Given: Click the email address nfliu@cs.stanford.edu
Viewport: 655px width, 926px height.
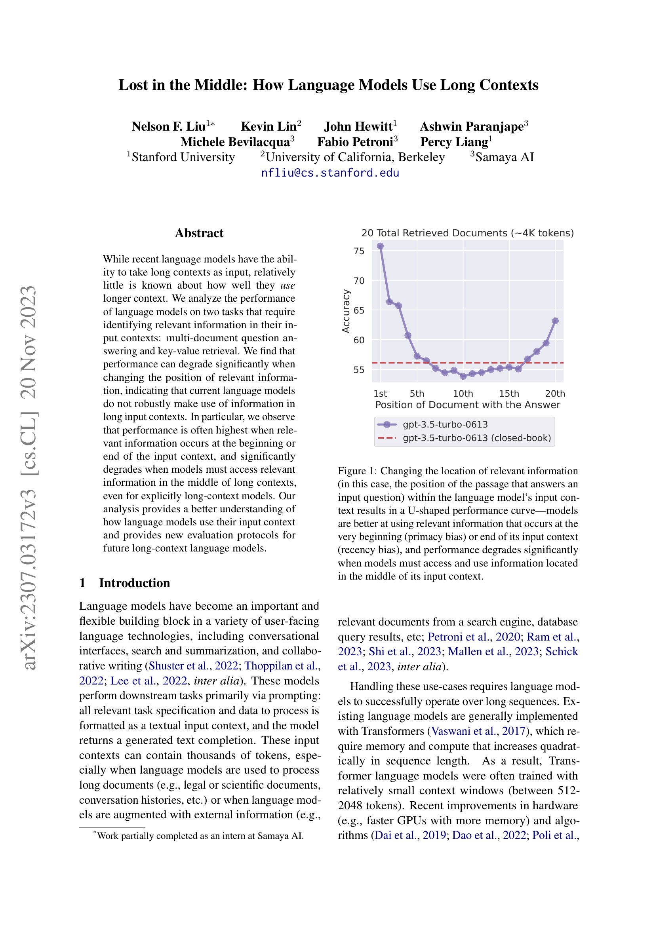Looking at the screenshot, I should (330, 173).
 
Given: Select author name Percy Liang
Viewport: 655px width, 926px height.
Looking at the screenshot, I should (454, 142).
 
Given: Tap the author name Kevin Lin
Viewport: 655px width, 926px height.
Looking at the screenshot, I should (269, 127).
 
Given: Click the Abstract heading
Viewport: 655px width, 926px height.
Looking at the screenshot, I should (199, 233).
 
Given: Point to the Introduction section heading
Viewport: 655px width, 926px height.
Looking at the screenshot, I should (134, 583).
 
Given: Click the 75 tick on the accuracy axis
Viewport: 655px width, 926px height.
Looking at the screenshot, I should (358, 251).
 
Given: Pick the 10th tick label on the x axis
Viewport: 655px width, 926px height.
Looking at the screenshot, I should (463, 394).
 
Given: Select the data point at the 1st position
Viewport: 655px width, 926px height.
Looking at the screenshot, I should (380, 246).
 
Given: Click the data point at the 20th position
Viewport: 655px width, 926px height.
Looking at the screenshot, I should (555, 321).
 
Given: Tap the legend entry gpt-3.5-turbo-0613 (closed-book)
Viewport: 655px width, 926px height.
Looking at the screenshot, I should (477, 438).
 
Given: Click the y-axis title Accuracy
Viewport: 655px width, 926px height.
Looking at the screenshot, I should (346, 311).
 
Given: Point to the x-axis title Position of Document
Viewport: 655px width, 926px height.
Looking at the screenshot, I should (467, 405).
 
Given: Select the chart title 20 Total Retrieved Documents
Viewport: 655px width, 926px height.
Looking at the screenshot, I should (467, 233).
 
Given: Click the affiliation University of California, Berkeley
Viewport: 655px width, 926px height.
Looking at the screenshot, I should (355, 157).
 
